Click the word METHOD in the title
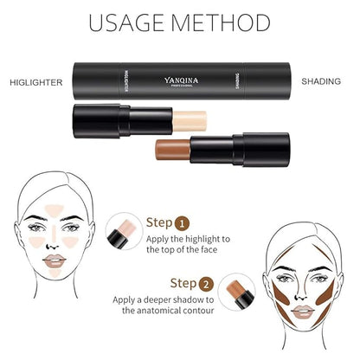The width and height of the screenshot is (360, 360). point(220,22)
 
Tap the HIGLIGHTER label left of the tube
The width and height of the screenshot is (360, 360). point(36,82)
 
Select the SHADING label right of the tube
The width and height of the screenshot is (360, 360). point(321,81)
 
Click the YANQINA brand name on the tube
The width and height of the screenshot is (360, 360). point(181,80)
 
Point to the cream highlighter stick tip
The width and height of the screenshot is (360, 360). point(190,121)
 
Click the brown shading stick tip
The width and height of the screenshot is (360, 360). point(172,150)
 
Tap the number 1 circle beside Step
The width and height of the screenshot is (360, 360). point(182,223)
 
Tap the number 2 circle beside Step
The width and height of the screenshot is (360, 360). point(206,285)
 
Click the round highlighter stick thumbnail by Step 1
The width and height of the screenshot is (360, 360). point(125,231)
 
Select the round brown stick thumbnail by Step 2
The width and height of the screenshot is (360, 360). point(236,292)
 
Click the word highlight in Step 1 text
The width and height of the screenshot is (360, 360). point(202,239)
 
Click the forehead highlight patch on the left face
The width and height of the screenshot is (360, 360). point(54,210)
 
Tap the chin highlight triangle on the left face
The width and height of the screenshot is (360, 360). point(55,273)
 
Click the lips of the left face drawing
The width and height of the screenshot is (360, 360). point(55,260)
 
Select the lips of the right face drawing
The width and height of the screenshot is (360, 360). point(302,312)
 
